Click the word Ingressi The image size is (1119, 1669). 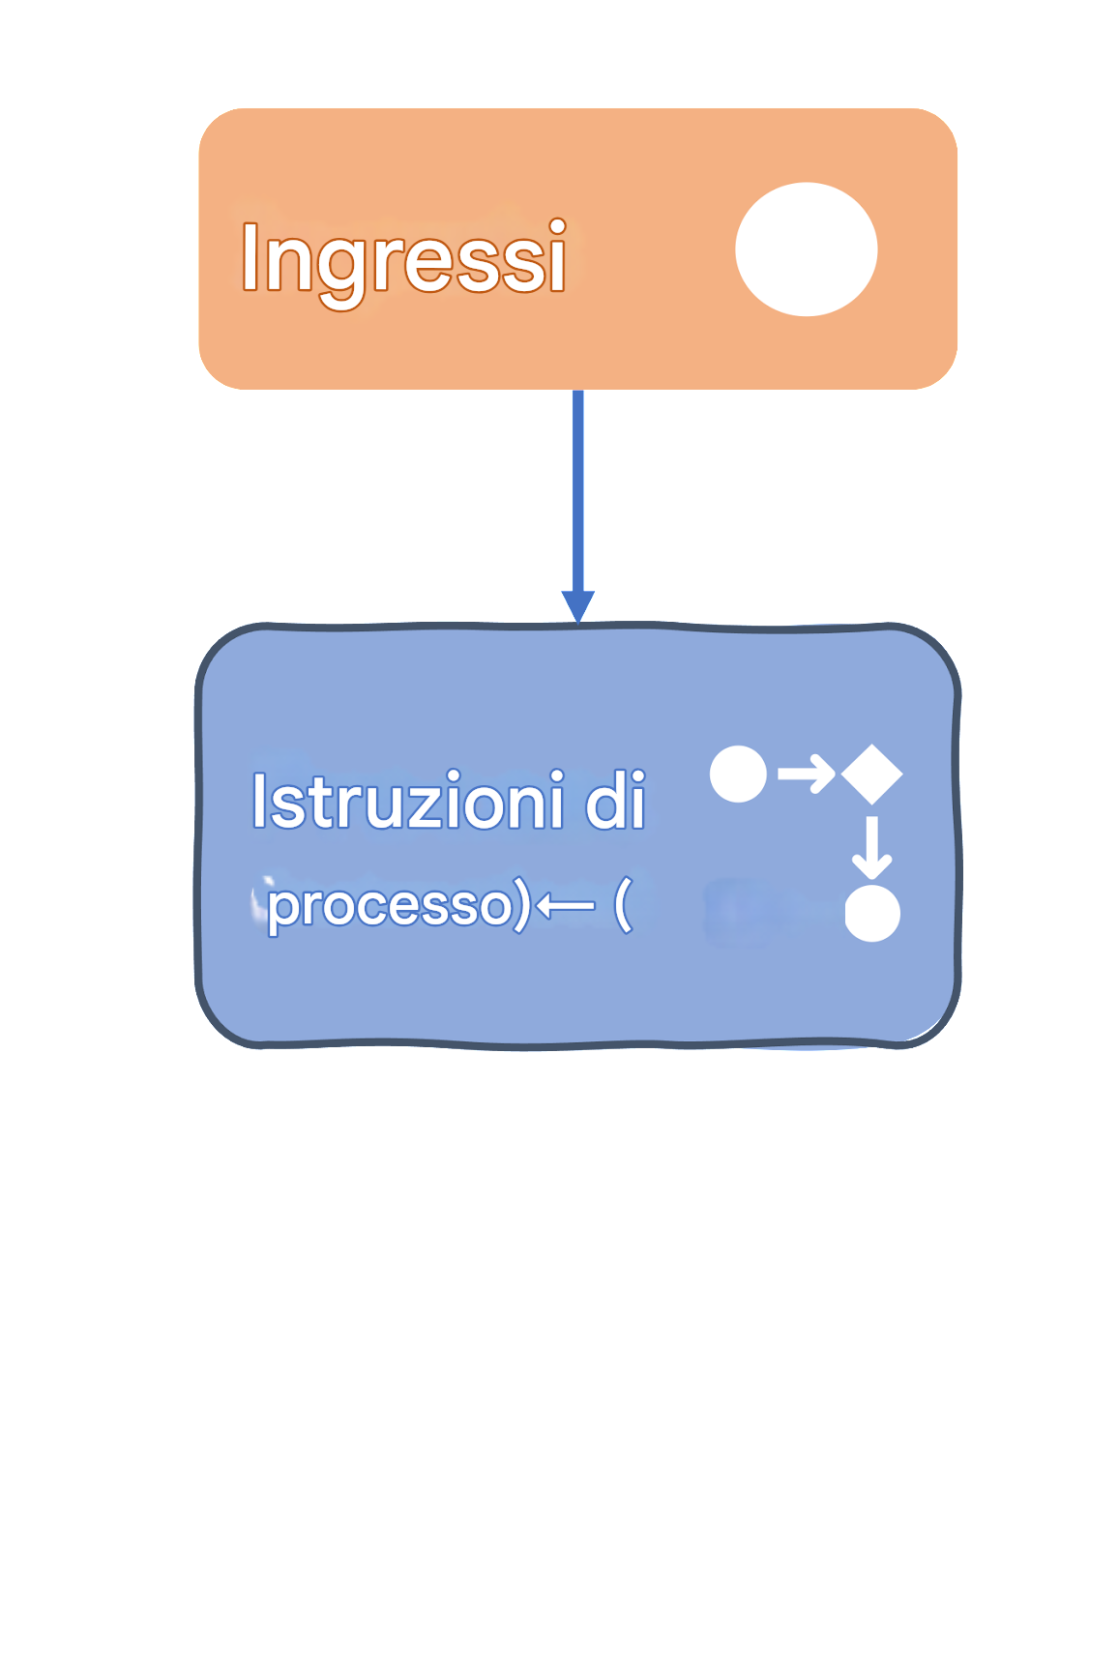click(x=402, y=257)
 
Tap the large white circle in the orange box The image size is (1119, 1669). click(x=806, y=249)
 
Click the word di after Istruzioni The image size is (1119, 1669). click(x=615, y=802)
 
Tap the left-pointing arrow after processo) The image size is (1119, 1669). click(x=565, y=906)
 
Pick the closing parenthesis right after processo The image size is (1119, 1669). click(x=521, y=906)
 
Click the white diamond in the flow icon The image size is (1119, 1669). click(x=872, y=774)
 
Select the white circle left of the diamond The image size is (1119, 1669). click(x=738, y=774)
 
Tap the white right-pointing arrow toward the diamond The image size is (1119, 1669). click(x=806, y=774)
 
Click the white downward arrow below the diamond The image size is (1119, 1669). click(x=872, y=847)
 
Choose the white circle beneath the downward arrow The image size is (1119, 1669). click(x=872, y=914)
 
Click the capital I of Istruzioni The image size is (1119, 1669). click(x=258, y=802)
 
